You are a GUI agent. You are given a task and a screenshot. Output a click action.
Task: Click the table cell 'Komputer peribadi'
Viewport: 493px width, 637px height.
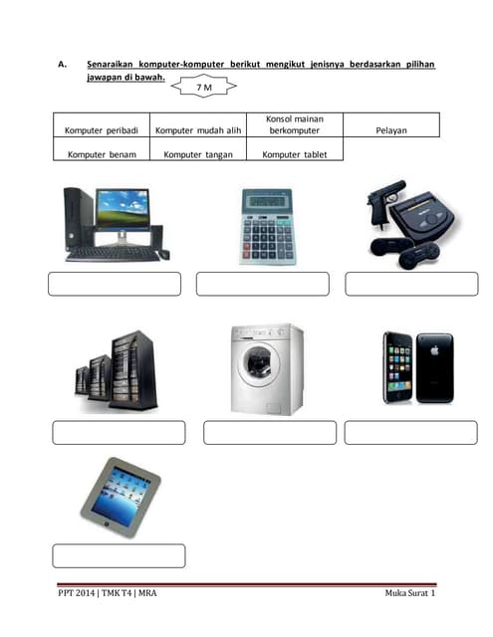pyautogui.click(x=102, y=125)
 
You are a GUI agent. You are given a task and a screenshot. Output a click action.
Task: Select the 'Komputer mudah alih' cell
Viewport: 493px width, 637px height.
pyautogui.click(x=198, y=125)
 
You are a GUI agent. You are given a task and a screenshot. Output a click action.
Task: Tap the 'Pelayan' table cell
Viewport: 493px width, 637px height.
pyautogui.click(x=391, y=125)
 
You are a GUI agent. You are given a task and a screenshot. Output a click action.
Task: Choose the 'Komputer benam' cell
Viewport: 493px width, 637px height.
pyautogui.click(x=102, y=149)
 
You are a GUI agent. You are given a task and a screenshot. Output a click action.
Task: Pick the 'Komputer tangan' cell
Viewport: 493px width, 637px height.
pyautogui.click(x=198, y=149)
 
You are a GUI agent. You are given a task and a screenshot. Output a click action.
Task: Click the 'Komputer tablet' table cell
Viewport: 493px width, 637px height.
pyautogui.click(x=295, y=149)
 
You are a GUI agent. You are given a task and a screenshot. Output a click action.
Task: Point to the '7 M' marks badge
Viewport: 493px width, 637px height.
pyautogui.click(x=203, y=87)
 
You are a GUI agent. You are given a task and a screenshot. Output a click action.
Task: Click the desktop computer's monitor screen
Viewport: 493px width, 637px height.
pyautogui.click(x=123, y=208)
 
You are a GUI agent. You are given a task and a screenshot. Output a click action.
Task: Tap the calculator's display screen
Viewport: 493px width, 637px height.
pyautogui.click(x=267, y=201)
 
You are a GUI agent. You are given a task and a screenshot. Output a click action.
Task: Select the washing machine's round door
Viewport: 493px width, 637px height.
pyautogui.click(x=259, y=363)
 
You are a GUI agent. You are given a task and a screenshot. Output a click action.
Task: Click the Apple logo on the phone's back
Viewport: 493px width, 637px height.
pyautogui.click(x=434, y=349)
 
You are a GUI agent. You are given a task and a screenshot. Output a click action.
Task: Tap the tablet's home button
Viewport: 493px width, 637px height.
pyautogui.click(x=107, y=525)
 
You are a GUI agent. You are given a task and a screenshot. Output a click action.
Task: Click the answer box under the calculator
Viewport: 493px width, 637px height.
pyautogui.click(x=263, y=284)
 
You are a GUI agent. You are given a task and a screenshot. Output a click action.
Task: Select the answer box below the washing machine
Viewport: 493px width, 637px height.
pyautogui.click(x=270, y=433)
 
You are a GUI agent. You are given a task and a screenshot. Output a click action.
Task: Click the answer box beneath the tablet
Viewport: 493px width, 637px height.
pyautogui.click(x=119, y=555)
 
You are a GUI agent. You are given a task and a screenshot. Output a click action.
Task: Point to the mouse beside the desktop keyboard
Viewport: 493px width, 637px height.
pyautogui.click(x=163, y=255)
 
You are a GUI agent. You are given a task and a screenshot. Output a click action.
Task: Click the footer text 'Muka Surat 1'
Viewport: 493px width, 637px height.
pyautogui.click(x=410, y=593)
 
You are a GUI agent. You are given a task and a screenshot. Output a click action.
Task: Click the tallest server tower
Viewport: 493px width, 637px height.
pyautogui.click(x=133, y=370)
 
